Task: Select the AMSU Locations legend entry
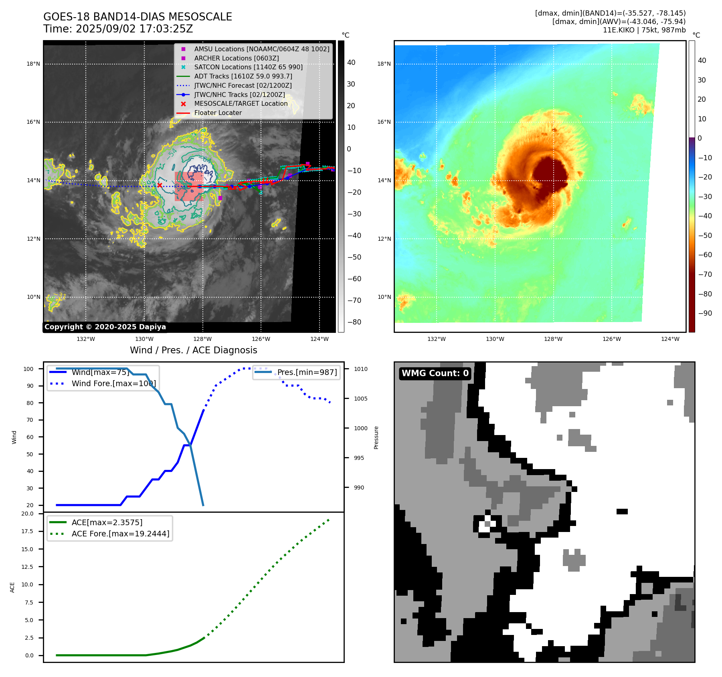coord(261,49)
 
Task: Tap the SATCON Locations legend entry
coord(248,67)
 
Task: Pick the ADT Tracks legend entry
coord(243,76)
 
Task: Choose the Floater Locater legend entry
coord(218,113)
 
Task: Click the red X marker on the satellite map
coord(160,185)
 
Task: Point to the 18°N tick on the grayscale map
coord(33,64)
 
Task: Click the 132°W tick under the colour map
coord(436,339)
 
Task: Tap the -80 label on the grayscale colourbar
coord(354,322)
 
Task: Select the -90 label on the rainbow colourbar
coord(705,313)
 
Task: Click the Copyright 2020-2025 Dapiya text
coord(105,327)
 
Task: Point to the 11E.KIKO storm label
coord(619,30)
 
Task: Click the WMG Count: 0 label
coord(435,373)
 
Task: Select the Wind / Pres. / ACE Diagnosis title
coord(193,350)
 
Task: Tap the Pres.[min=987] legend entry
coord(307,372)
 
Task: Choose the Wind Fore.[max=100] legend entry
coord(113,383)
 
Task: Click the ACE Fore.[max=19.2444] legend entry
coord(120,534)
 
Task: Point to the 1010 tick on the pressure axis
coord(360,369)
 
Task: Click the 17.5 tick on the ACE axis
coord(27,531)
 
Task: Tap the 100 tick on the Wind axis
coord(28,369)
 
